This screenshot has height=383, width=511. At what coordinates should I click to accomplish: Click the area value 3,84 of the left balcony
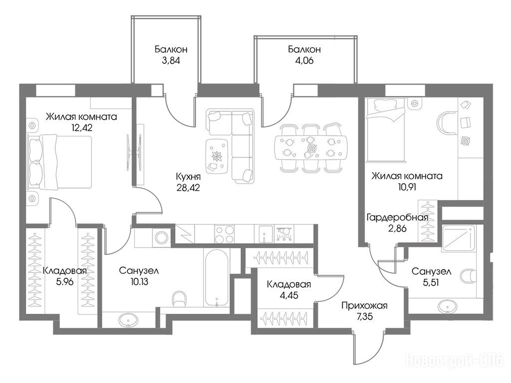pyautogui.click(x=171, y=60)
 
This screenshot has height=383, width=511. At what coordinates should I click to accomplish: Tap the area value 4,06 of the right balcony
pyautogui.click(x=304, y=60)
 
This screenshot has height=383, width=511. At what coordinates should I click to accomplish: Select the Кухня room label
pyautogui.click(x=188, y=177)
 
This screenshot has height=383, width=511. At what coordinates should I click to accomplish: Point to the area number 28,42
pyautogui.click(x=188, y=188)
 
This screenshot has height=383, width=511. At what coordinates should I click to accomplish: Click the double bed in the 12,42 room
pyautogui.click(x=59, y=162)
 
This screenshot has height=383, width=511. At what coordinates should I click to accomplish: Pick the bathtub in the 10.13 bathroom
pyautogui.click(x=217, y=277)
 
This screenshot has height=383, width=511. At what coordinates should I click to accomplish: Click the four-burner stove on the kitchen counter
pyautogui.click(x=225, y=234)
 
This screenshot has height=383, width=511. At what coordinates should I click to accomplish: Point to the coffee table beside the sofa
pyautogui.click(x=217, y=156)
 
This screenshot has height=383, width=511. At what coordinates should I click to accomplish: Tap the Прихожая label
pyautogui.click(x=364, y=306)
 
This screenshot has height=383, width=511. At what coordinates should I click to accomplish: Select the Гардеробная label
pyautogui.click(x=397, y=217)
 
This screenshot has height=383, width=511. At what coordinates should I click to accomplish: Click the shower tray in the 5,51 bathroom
pyautogui.click(x=458, y=238)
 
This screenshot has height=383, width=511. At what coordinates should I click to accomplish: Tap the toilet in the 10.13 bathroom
pyautogui.click(x=179, y=299)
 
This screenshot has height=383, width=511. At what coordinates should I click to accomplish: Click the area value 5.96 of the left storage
pyautogui.click(x=65, y=282)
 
